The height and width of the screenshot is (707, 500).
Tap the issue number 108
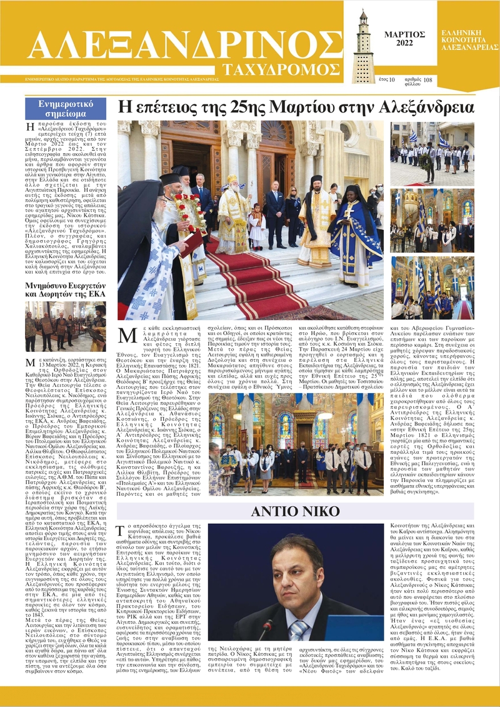[x=427, y=80]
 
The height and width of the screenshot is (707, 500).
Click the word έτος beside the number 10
[x=382, y=80]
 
